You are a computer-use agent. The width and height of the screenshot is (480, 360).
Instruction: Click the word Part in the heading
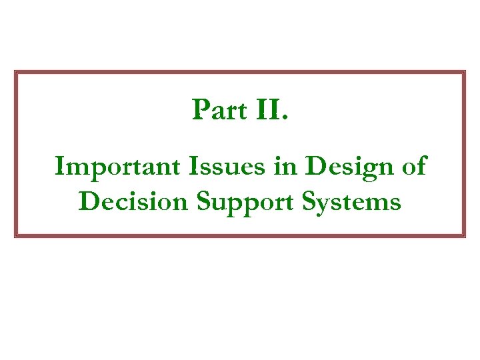click(x=219, y=110)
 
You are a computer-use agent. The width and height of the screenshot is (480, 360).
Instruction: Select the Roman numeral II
click(x=268, y=110)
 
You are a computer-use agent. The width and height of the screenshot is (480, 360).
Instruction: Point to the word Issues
click(x=215, y=166)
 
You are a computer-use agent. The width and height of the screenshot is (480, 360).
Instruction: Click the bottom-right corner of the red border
click(x=464, y=236)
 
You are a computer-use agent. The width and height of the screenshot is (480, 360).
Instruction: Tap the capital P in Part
click(x=200, y=110)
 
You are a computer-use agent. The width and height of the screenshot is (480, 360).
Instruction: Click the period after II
click(x=286, y=119)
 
